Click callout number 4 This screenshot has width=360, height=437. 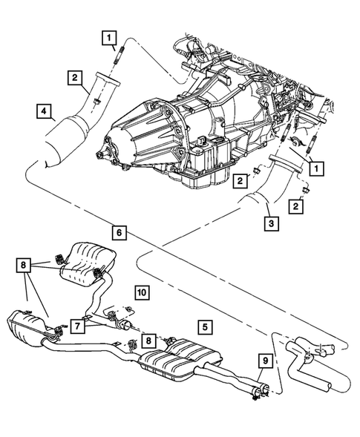click(46, 113)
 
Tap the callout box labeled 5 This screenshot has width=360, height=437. click(203, 324)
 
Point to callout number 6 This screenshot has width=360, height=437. click(119, 231)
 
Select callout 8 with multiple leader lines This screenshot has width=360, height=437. click(24, 264)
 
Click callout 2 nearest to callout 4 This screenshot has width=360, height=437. click(76, 76)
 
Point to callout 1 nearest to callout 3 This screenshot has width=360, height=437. click(315, 168)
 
